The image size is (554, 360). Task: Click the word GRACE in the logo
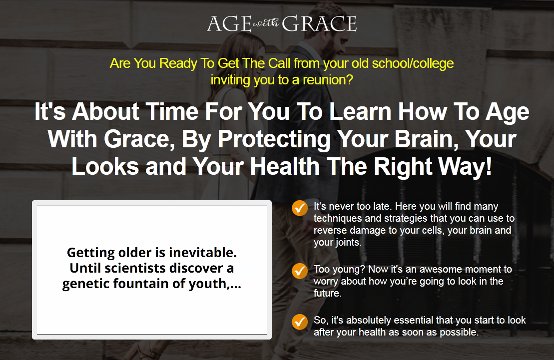tap(319, 23)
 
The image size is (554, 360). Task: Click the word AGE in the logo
tap(229, 23)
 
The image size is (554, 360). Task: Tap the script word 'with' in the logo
tap(266, 23)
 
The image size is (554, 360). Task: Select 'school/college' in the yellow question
tap(413, 63)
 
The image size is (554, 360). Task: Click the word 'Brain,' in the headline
tap(424, 139)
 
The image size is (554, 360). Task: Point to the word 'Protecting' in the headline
tap(274, 139)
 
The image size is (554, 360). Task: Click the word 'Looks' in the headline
tap(105, 166)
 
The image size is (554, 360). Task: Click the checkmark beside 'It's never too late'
tap(300, 208)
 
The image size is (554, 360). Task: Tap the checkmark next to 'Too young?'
tap(300, 271)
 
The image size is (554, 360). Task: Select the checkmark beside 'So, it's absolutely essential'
tap(300, 322)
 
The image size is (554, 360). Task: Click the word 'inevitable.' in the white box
tap(203, 253)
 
